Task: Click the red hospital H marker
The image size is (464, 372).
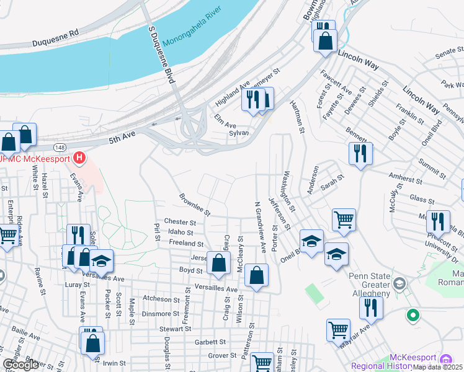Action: pos(79,157)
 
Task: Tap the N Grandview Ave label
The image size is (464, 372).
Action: pos(261,227)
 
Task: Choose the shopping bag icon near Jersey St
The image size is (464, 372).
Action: pos(218,263)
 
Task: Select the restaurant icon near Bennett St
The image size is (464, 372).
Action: pos(360,153)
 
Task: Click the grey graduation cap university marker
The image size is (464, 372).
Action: pos(399,284)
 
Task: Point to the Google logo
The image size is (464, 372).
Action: pos(20,365)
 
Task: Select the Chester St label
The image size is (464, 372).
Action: pos(180,222)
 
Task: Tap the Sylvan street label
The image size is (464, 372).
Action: pos(239,133)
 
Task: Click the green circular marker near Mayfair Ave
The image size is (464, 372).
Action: pos(413,316)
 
